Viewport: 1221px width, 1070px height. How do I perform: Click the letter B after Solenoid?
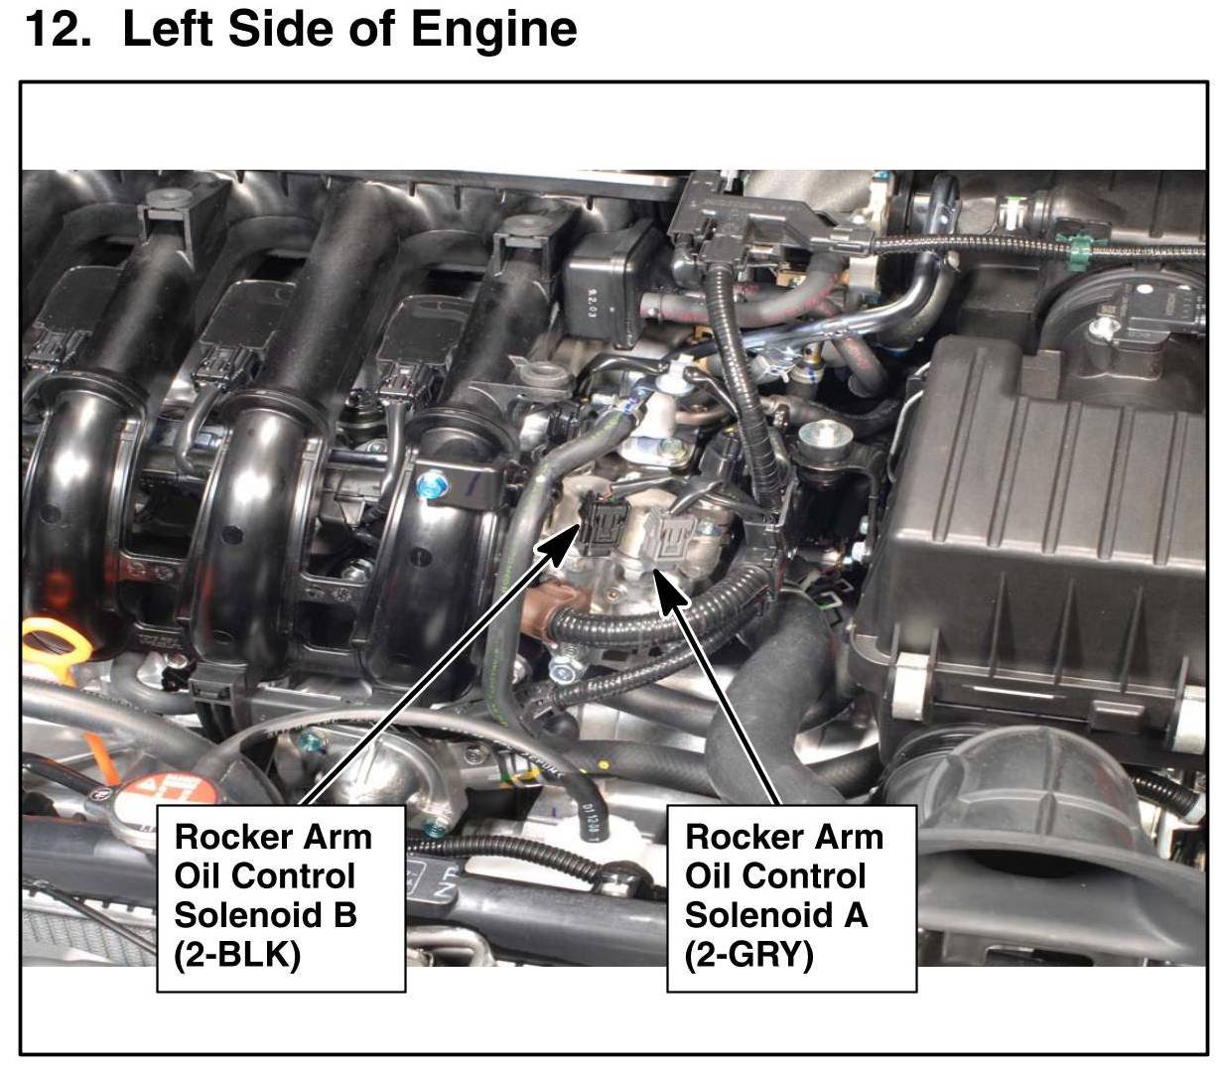click(x=345, y=914)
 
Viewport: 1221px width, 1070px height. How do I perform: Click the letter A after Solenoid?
click(x=855, y=914)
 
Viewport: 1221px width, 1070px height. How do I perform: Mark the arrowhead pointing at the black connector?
click(x=560, y=544)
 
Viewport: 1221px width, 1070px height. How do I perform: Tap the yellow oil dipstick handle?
click(x=55, y=645)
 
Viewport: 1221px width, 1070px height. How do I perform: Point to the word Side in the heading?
click(x=280, y=29)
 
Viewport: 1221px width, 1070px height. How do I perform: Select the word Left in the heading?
click(x=168, y=29)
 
